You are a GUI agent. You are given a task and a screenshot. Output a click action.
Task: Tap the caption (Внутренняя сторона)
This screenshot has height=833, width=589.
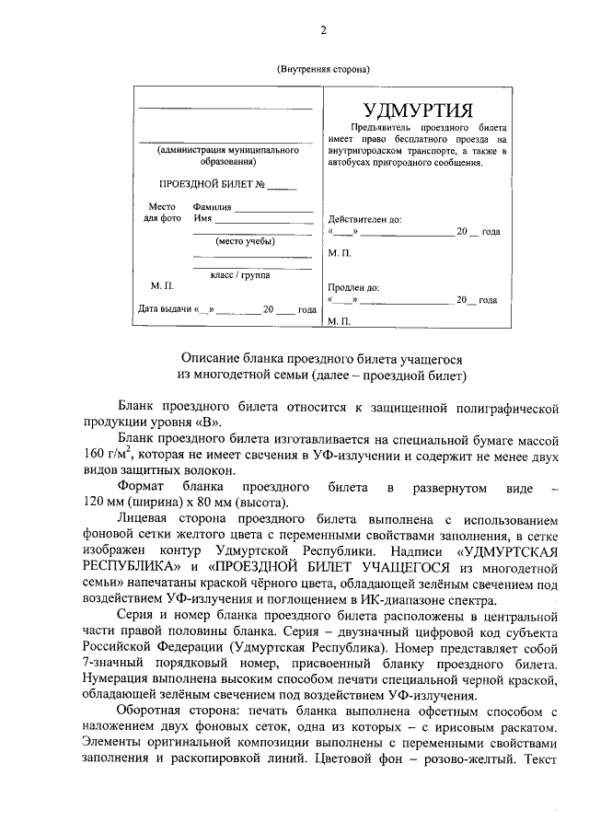click(x=323, y=70)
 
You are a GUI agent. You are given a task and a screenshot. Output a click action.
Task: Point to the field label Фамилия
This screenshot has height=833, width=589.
click(x=212, y=208)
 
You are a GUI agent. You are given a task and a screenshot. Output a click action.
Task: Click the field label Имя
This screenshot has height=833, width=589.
click(x=202, y=220)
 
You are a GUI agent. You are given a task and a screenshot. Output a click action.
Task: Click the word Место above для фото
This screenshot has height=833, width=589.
click(x=162, y=208)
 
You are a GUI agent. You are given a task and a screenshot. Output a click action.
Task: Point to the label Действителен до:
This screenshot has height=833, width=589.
click(x=364, y=220)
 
